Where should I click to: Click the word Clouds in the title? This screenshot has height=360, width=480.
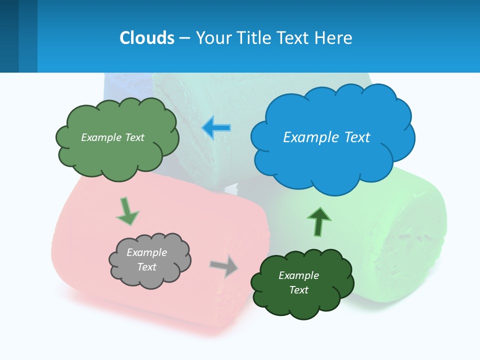pos(147,38)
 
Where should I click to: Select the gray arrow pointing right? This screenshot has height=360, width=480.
pos(224,266)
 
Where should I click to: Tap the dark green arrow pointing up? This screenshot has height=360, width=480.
pos(319,221)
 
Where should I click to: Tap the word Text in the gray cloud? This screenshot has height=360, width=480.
pos(146,267)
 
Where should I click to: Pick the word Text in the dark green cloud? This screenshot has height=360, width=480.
pos(298,290)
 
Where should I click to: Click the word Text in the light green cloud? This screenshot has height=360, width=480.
pos(133,137)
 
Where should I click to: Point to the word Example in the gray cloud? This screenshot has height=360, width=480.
pos(146,252)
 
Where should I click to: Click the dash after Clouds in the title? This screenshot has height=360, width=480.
pos(184,38)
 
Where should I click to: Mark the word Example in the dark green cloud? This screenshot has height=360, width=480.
pos(298,275)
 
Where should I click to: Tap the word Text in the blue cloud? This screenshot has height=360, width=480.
pos(356,137)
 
